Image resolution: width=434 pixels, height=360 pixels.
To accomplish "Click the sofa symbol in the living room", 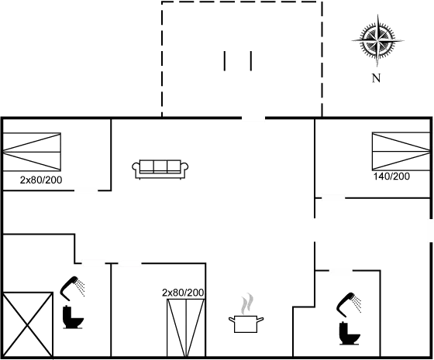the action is tap(160, 169).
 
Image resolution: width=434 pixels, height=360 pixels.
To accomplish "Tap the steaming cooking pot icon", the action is tap(246, 314).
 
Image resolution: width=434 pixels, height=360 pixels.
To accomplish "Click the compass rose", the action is tap(377, 41).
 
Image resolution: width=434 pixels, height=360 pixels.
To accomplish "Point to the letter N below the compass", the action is tap(376, 78).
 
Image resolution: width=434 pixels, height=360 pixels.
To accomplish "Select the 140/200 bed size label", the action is tap(391, 177).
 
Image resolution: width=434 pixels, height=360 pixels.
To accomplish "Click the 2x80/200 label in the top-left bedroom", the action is tap(41, 180).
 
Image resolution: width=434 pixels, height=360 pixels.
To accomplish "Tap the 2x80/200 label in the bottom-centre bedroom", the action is tap(183, 293).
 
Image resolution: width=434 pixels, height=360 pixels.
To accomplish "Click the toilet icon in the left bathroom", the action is tap(73, 317).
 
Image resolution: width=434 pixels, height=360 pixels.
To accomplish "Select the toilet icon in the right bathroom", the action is tap(350, 333).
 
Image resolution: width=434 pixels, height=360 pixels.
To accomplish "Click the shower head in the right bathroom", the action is tap(349, 304).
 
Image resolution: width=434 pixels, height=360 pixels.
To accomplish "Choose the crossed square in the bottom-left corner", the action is tap(27, 324).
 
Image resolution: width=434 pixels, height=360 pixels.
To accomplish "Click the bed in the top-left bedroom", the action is tap(32, 152).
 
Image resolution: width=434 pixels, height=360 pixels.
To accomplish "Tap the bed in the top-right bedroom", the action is tap(401, 151).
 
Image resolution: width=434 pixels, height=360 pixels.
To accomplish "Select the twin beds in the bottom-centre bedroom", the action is tap(186, 328).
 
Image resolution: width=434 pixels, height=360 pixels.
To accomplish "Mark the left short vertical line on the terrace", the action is tap(225, 61).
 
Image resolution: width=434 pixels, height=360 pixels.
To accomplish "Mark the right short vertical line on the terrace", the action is tap(251, 61).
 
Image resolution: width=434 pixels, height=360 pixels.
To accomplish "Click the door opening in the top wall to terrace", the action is tap(253, 118).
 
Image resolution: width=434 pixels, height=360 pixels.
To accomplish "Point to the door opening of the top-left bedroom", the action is tap(86, 190).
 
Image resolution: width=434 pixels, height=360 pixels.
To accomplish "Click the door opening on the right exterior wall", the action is tap(431, 230).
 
